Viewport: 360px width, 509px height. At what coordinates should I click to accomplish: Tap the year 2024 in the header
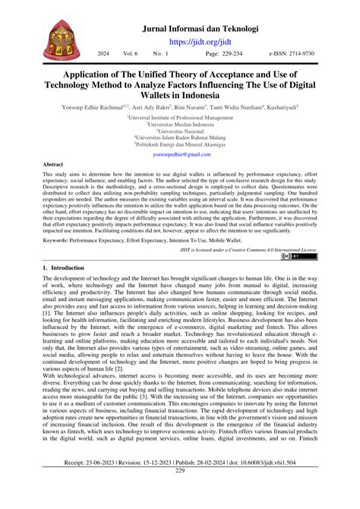pyautogui.click(x=104, y=55)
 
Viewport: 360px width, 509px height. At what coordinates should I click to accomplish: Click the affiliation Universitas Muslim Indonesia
pyautogui.click(x=180, y=125)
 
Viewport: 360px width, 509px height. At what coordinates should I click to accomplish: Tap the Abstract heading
pyautogui.click(x=52, y=164)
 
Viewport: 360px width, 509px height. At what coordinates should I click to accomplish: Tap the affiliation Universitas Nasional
pyautogui.click(x=180, y=133)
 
